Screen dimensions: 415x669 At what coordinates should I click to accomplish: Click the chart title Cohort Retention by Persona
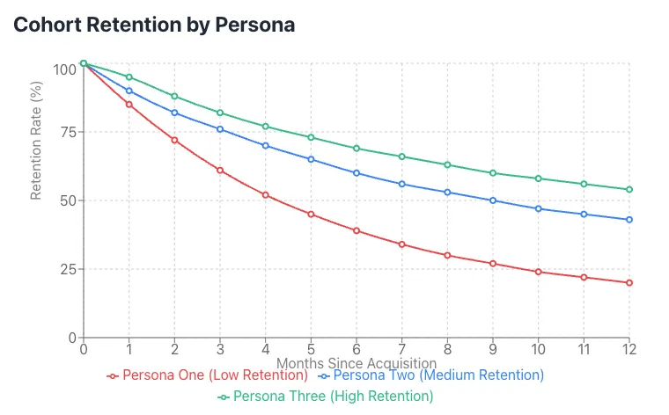[154, 25]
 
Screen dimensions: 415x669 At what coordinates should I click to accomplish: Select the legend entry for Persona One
[208, 375]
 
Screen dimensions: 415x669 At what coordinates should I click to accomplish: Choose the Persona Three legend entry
[326, 397]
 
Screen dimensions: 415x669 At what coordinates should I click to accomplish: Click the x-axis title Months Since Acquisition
[357, 362]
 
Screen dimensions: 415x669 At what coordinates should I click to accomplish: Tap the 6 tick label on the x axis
[357, 349]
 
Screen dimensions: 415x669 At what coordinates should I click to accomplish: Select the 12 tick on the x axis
[629, 349]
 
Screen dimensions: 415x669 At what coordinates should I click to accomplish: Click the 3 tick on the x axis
[220, 349]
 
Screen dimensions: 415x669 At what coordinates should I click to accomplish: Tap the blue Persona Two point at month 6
[357, 172]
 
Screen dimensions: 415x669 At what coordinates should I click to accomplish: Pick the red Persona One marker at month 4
[265, 194]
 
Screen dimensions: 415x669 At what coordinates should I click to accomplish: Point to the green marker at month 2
[174, 96]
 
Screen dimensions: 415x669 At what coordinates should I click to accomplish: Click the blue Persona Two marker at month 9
[493, 200]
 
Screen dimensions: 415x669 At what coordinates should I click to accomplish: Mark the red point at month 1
[129, 104]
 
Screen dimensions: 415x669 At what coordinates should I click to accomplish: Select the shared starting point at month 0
[83, 63]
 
